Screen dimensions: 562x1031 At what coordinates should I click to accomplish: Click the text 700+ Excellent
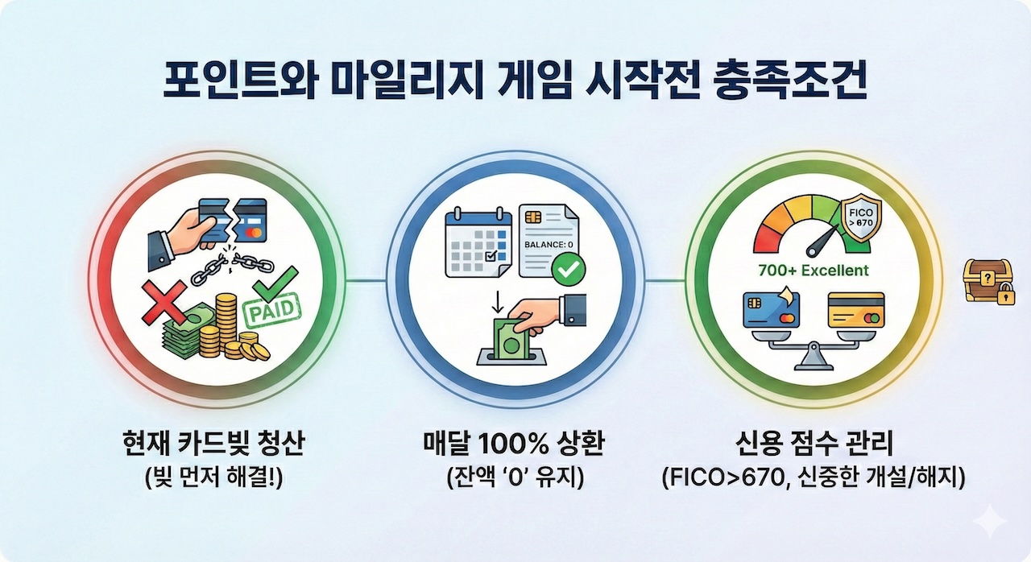(x=813, y=271)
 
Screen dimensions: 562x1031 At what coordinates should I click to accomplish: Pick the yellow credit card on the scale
(x=855, y=308)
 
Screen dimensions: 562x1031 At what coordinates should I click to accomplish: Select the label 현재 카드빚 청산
(x=214, y=444)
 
